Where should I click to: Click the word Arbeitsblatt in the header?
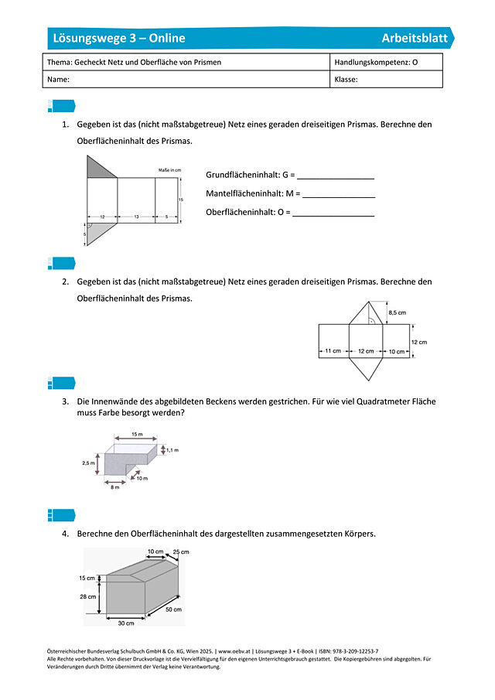point(414,39)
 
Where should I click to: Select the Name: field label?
point(59,80)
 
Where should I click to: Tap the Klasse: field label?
point(346,80)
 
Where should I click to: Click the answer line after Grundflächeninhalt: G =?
point(336,178)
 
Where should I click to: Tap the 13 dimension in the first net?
point(135,218)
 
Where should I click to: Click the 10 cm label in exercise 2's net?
point(397,352)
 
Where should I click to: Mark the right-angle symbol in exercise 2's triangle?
point(371,319)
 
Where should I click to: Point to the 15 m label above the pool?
point(136,435)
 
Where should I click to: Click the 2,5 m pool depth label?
point(87,463)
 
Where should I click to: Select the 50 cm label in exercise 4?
point(174,610)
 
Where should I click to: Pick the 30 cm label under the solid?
point(125,622)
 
